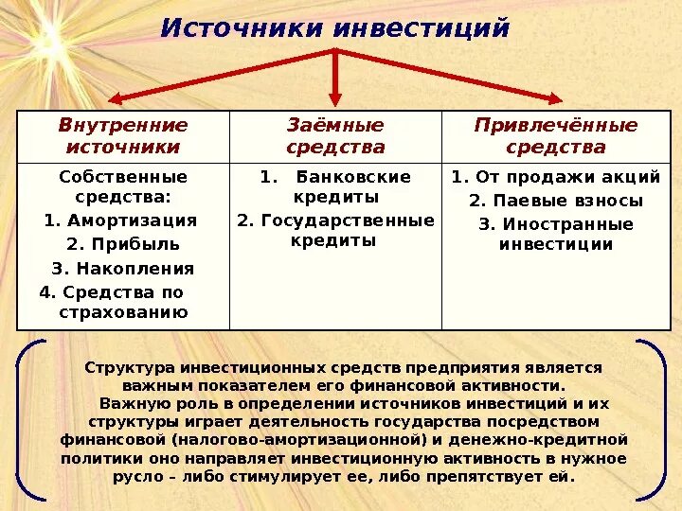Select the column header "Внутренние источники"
pyautogui.click(x=123, y=135)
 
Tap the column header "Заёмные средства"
pyautogui.click(x=335, y=135)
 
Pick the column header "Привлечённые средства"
pyautogui.click(x=556, y=135)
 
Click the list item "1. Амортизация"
pyautogui.click(x=120, y=220)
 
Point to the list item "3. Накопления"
pyautogui.click(x=123, y=268)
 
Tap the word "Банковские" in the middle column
pyautogui.click(x=353, y=177)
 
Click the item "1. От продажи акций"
pyautogui.click(x=556, y=177)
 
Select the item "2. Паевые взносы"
pyautogui.click(x=556, y=201)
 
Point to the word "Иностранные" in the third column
pyautogui.click(x=568, y=224)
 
